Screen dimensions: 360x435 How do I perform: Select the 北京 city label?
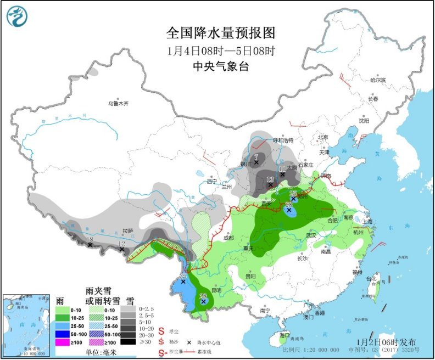(322, 137)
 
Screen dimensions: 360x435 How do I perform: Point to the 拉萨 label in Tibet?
(128, 231)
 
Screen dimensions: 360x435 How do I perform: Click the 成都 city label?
(229, 238)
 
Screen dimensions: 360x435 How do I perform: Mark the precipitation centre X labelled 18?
(90, 245)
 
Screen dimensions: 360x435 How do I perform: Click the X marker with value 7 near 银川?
(256, 162)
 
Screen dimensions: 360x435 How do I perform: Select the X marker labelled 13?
(270, 185)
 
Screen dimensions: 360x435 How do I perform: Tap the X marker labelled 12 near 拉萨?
(122, 250)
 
